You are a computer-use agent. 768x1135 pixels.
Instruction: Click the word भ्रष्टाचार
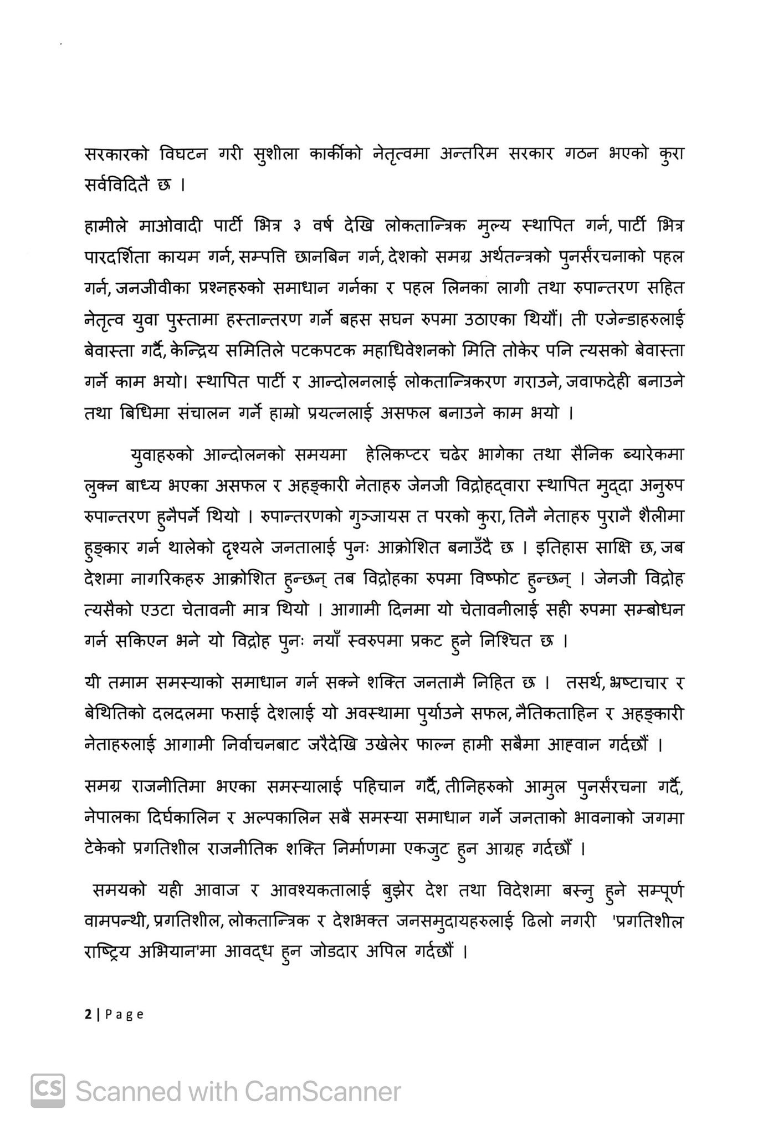click(626, 684)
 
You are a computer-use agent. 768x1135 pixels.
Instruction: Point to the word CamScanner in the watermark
click(322, 1092)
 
